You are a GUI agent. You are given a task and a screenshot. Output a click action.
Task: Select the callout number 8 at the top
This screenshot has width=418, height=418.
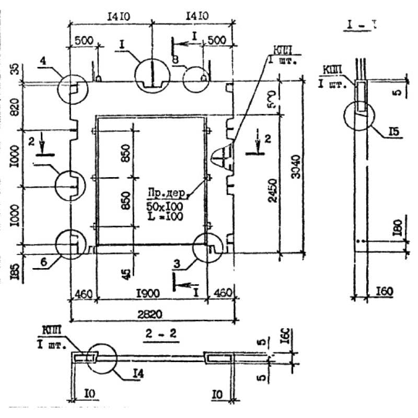click(175, 61)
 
